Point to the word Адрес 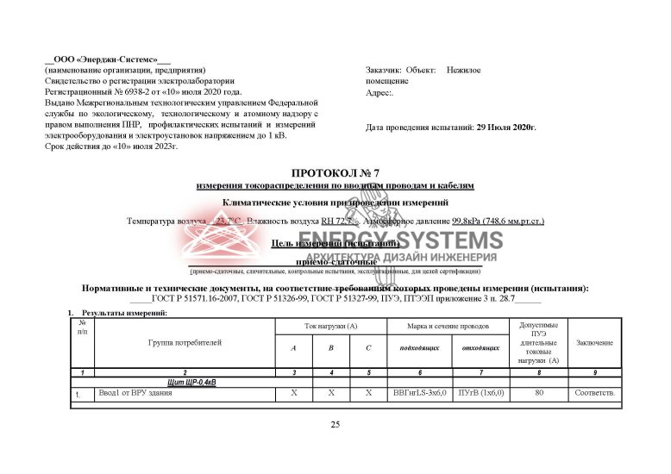pyautogui.click(x=379, y=92)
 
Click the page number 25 pyautogui.click(x=335, y=425)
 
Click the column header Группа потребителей pyautogui.click(x=185, y=342)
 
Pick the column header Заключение pyautogui.click(x=594, y=343)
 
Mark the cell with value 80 pyautogui.click(x=539, y=393)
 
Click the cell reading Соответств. pyautogui.click(x=594, y=393)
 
